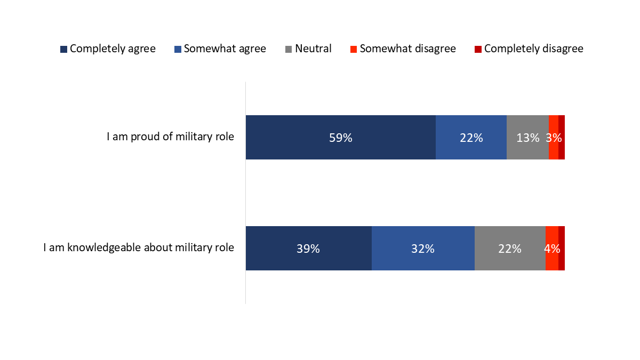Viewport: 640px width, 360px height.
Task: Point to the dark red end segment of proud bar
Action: [x=562, y=138]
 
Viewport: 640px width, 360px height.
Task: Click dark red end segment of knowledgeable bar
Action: [x=562, y=249]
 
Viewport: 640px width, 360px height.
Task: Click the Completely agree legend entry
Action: [x=108, y=49]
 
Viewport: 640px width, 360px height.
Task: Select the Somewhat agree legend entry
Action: [x=220, y=49]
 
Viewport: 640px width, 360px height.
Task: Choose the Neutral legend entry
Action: [x=308, y=49]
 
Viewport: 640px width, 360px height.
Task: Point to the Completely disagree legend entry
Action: [x=529, y=49]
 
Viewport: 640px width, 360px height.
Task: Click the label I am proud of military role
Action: [x=170, y=137]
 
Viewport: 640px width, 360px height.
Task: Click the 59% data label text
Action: [x=340, y=138]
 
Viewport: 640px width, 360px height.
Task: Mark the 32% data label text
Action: [x=422, y=249]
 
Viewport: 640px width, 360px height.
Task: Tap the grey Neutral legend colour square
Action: [x=289, y=50]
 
